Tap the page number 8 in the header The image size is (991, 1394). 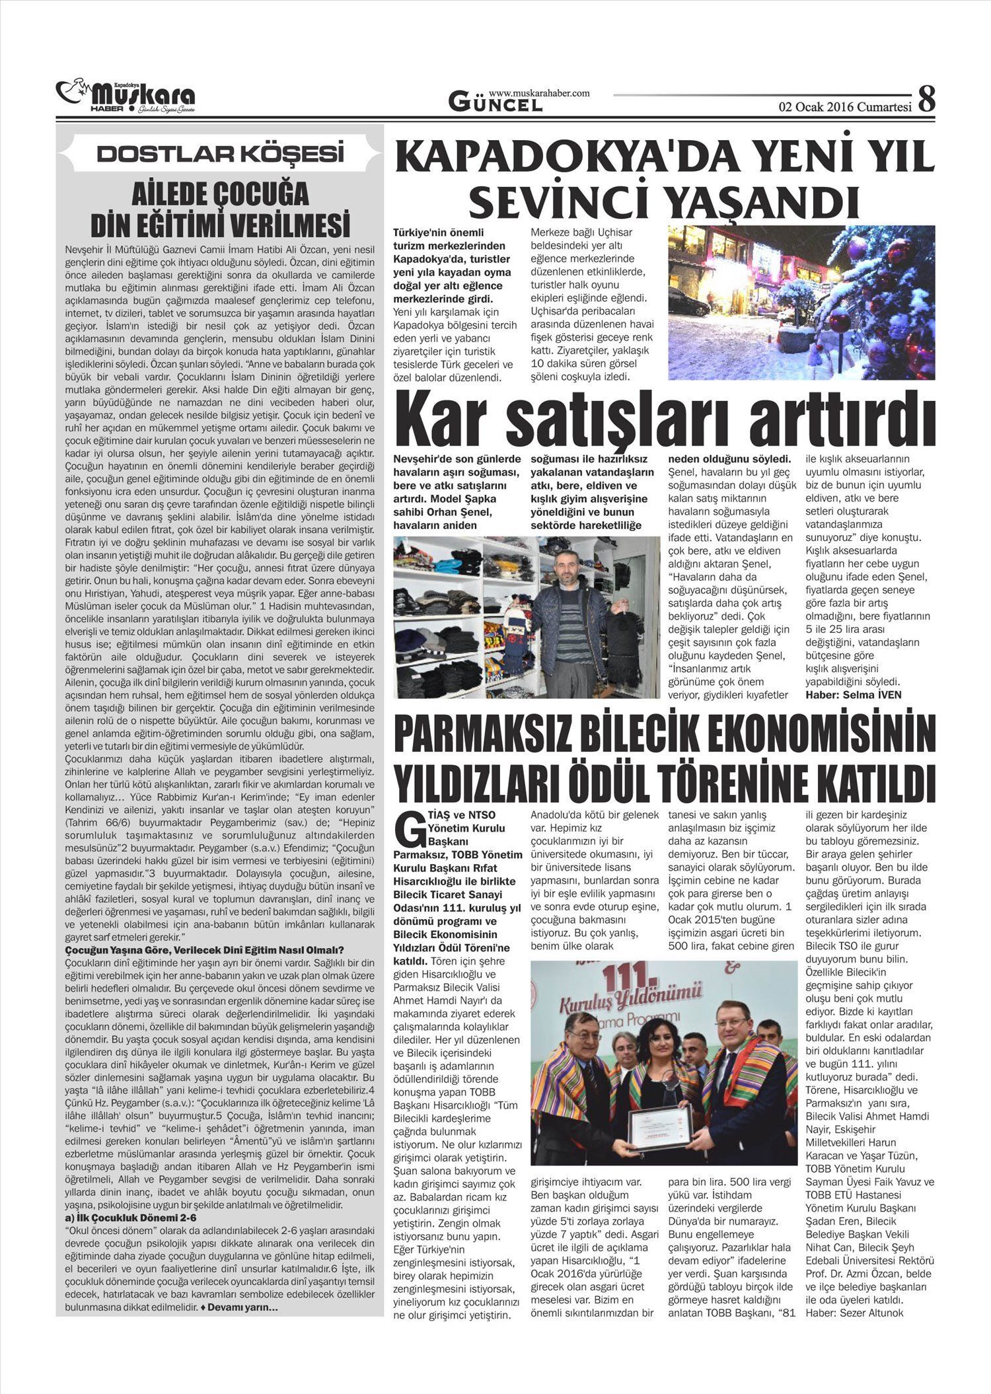coord(926,100)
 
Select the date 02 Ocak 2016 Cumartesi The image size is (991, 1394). coord(845,106)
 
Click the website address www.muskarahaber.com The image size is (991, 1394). coord(539,94)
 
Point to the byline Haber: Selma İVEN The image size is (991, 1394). coord(854,694)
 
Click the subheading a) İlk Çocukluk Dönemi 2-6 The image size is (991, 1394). coord(131,1218)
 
